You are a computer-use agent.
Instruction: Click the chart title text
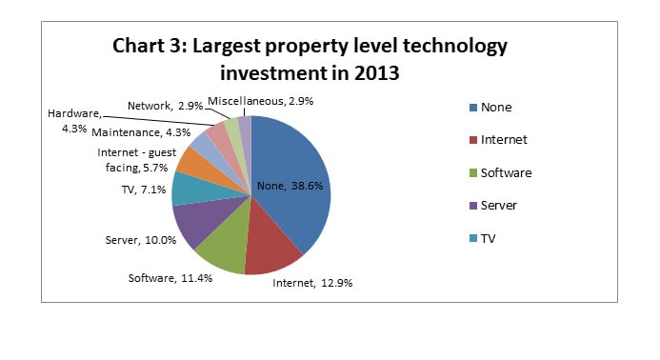point(310,59)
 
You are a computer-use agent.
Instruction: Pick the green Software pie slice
point(225,250)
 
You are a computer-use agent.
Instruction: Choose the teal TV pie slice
point(190,189)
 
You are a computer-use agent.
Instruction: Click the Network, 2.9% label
point(163,104)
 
